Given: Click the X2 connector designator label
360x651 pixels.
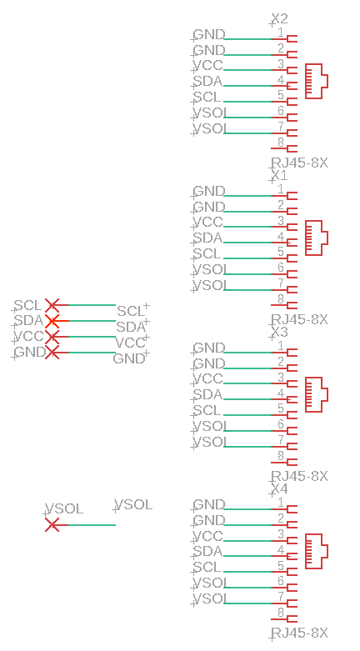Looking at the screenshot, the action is (x=279, y=18).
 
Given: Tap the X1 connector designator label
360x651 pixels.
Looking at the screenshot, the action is (x=279, y=175).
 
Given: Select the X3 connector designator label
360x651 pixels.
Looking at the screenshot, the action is (x=279, y=332).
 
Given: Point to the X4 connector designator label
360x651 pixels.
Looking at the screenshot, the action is (x=279, y=488).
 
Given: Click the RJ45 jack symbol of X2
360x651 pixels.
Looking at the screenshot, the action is (x=317, y=81).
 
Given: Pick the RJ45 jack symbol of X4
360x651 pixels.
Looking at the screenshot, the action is (x=317, y=551).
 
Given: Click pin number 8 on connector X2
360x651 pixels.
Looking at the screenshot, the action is (x=281, y=143).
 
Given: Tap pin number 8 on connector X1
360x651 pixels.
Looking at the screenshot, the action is (x=281, y=299).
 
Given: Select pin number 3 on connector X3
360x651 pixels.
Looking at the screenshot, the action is (x=281, y=378).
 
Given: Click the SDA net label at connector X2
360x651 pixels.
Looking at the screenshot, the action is (x=208, y=81).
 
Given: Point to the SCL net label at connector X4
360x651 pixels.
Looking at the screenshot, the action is (x=207, y=567).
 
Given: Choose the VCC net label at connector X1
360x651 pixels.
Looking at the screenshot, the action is (x=208, y=222).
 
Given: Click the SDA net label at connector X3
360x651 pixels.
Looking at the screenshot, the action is (x=208, y=394).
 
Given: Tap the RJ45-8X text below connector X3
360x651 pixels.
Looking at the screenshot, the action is (x=299, y=476).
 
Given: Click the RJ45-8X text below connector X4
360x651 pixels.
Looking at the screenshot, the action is (x=299, y=633).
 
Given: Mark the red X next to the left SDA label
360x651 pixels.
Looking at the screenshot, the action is (x=52, y=321).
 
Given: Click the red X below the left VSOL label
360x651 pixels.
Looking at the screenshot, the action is (x=52, y=525).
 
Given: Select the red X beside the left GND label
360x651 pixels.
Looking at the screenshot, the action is (x=52, y=353).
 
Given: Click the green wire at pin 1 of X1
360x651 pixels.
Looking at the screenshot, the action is (x=247, y=196).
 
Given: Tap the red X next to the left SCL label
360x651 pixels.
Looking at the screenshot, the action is (x=52, y=305).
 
